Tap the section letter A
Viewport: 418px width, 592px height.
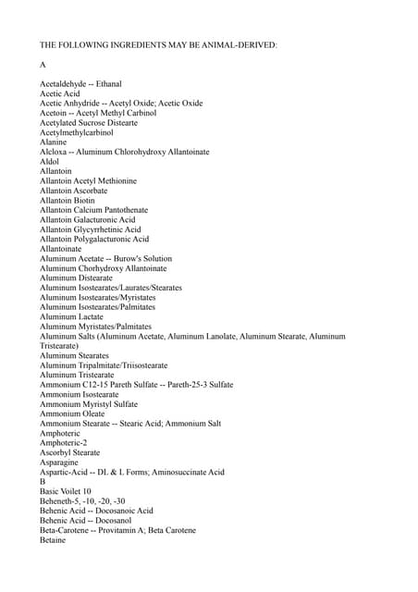click(43, 65)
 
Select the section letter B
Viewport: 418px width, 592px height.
click(43, 482)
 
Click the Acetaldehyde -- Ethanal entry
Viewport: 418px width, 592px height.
click(80, 84)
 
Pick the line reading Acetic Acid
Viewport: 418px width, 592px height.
click(60, 93)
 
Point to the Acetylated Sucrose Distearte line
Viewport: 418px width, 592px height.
click(89, 122)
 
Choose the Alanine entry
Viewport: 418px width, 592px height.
click(53, 142)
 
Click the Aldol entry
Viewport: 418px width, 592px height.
click(49, 161)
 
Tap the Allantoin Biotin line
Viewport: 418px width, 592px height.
click(67, 201)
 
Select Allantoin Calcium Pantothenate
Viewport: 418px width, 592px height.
click(93, 210)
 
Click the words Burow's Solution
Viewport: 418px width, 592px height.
click(143, 259)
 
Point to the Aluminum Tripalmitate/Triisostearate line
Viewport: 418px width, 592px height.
click(104, 365)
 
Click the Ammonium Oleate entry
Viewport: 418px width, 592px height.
click(72, 413)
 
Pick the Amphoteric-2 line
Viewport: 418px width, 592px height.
click(63, 443)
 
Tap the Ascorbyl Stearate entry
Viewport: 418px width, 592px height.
click(69, 452)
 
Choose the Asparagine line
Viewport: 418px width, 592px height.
click(59, 462)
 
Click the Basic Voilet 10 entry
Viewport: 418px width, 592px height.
click(66, 491)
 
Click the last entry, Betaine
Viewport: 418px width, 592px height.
click(53, 540)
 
